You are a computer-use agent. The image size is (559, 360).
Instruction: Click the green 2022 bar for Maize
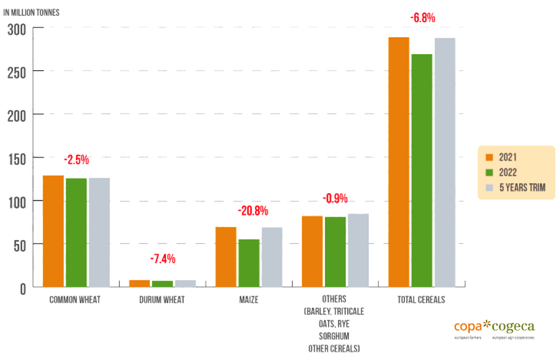tap(250, 263)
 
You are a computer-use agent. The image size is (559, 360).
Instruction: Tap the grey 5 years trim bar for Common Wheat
tap(99, 233)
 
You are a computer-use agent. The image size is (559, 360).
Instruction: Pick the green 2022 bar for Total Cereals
tap(422, 171)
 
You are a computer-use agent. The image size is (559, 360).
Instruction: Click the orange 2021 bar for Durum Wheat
tap(139, 284)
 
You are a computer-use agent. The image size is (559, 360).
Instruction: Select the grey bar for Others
tap(358, 250)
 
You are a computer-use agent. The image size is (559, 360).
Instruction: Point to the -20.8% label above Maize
tap(253, 211)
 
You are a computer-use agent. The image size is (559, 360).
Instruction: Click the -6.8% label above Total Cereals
tap(423, 18)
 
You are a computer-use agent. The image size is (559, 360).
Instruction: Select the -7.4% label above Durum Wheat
tap(163, 258)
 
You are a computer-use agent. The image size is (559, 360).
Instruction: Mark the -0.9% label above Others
tap(335, 199)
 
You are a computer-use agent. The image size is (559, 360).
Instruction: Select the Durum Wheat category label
tap(161, 300)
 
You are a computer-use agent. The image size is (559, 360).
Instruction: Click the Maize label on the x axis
tap(248, 300)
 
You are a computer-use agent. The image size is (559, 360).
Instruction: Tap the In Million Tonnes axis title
tap(32, 12)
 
